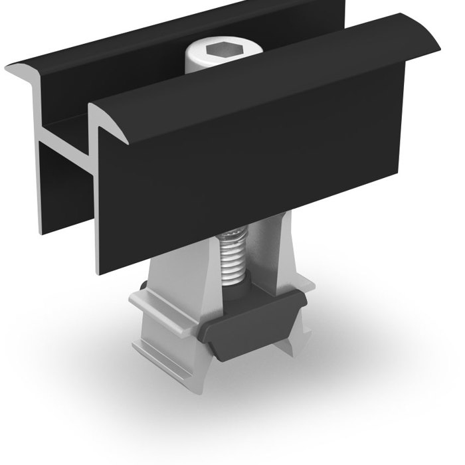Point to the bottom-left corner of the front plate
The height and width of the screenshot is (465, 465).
pyautogui.click(x=101, y=271)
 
